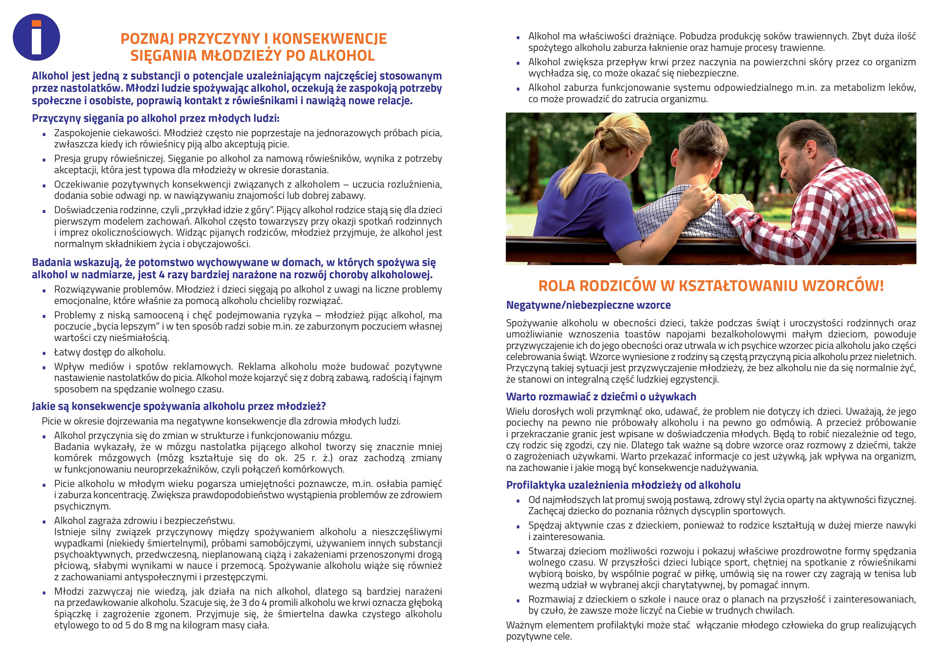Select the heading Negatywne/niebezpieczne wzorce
click(x=588, y=305)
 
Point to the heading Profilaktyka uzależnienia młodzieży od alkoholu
click(x=623, y=485)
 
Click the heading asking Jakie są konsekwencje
click(x=179, y=406)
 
